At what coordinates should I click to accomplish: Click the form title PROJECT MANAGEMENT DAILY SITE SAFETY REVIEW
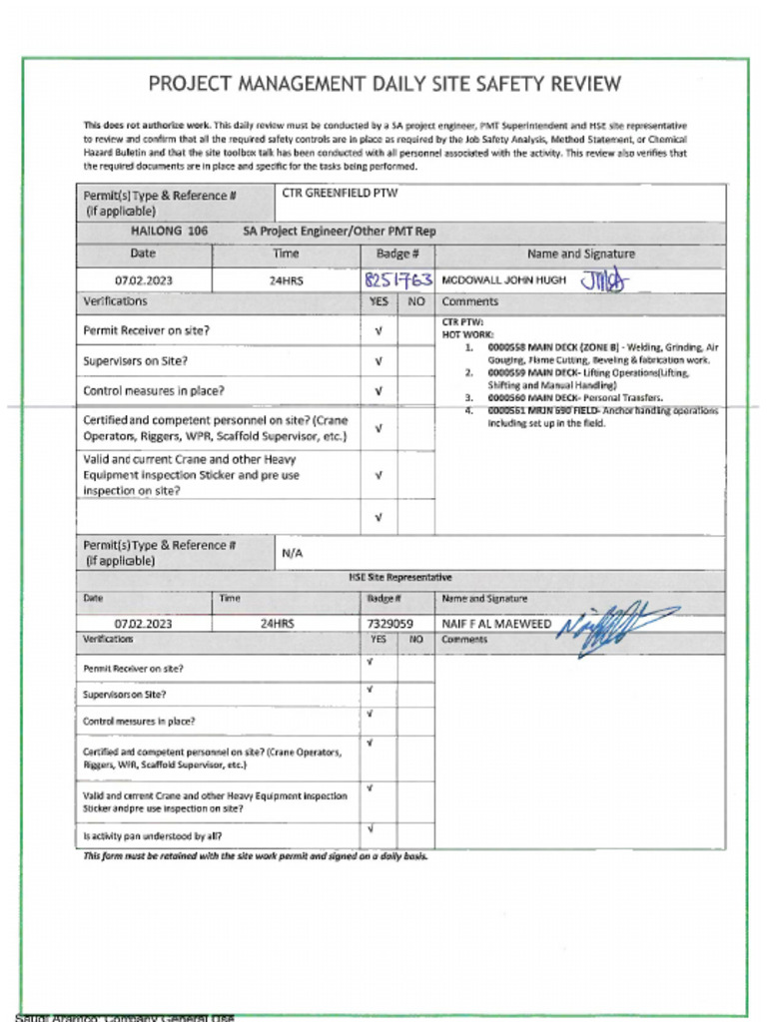point(384,84)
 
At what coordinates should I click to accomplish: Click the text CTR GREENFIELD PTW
point(340,193)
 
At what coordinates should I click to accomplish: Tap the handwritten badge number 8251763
point(397,279)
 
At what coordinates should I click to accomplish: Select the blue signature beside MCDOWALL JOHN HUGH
point(604,281)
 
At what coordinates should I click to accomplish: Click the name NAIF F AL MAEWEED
point(496,624)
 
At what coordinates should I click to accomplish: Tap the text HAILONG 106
point(170,231)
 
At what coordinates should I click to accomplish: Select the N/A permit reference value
point(293,552)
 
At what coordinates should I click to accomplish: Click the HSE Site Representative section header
point(399,577)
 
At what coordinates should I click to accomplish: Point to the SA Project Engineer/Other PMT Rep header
point(340,231)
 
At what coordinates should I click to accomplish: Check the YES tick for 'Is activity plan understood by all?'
point(371,828)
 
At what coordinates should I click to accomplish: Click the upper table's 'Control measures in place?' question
point(154,391)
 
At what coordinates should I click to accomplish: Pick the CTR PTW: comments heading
point(462,322)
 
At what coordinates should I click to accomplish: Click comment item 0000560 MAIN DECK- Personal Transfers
point(574,397)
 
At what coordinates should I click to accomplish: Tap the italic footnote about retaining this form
point(256,856)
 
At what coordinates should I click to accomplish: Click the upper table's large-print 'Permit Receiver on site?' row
point(146,329)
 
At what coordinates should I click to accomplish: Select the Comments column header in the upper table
point(469,301)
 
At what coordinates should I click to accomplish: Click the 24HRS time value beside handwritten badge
point(286,280)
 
